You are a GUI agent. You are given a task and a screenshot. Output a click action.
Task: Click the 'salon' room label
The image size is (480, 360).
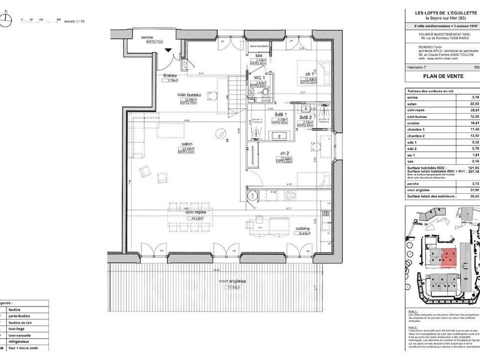pos(187,145)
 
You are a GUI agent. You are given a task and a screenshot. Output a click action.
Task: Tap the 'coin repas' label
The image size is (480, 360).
pos(196,212)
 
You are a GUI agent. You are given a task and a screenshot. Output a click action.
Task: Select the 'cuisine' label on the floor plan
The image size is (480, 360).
pos(302,228)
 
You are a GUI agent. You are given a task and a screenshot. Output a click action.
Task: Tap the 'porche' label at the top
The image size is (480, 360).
pos(147,37)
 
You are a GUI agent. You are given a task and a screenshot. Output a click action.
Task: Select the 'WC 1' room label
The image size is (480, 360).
pos(259,78)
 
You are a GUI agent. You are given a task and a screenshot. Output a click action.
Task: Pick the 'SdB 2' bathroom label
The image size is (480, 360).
pos(306,117)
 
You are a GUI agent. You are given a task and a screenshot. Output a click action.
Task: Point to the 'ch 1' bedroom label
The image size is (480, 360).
pos(309,74)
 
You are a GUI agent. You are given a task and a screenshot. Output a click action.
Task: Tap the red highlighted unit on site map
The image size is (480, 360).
pos(448,257)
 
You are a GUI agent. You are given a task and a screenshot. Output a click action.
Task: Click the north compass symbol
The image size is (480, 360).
pos(6,19)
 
